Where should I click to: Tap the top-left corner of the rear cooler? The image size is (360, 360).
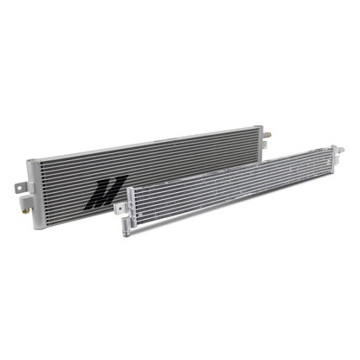[x=29, y=160]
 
